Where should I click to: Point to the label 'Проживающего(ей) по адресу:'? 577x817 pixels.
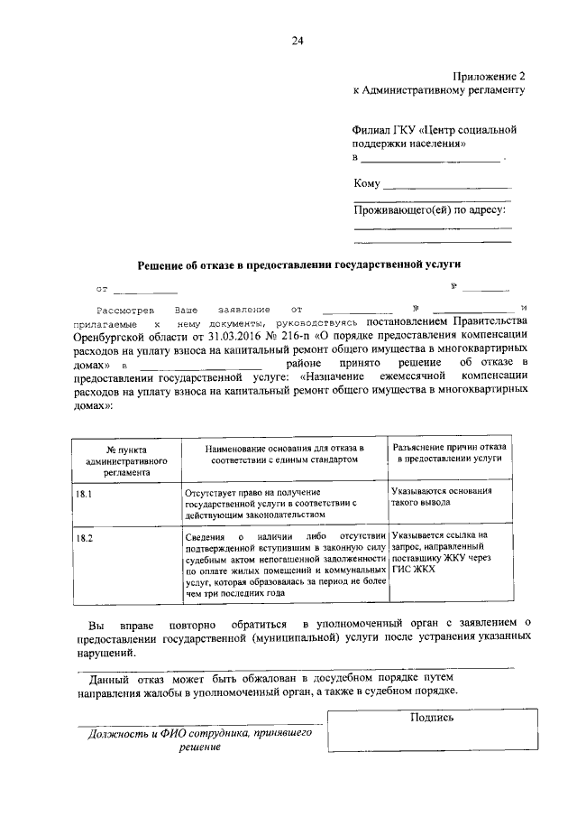429,210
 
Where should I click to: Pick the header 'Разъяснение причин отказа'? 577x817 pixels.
449,452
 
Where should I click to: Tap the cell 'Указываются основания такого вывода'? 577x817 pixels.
442,497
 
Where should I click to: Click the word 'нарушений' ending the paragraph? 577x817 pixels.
106,652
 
